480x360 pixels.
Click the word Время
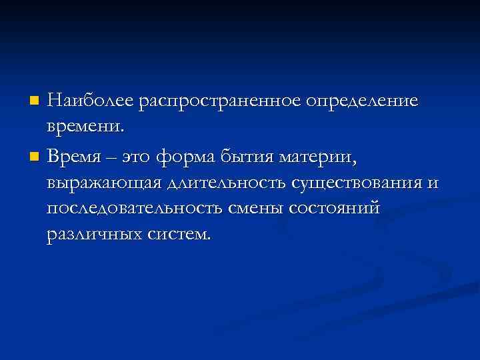[77, 157]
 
